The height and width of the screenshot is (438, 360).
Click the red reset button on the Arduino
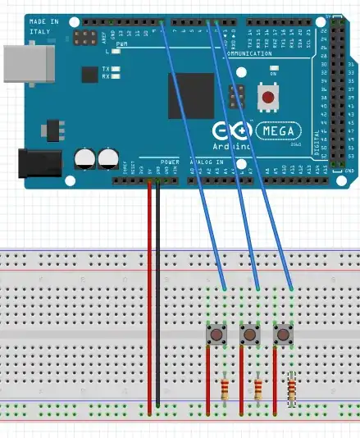[x=267, y=97]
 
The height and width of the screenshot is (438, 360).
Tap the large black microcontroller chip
[x=191, y=96]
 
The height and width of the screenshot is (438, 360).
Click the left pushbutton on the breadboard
[x=216, y=335]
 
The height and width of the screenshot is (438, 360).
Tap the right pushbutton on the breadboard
[x=284, y=335]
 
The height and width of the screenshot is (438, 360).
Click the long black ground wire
[x=157, y=295]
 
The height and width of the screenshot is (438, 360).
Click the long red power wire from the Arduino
[x=149, y=295]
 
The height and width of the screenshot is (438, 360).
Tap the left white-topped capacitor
[x=85, y=157]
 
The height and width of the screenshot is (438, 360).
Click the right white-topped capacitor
[x=107, y=157]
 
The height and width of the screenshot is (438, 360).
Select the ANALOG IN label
[x=212, y=162]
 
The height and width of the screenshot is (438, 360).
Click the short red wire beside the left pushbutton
[x=208, y=377]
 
